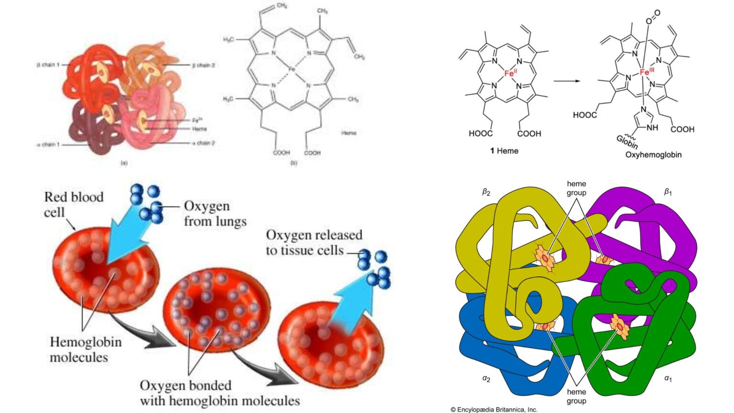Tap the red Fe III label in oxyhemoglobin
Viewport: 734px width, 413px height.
tap(646, 73)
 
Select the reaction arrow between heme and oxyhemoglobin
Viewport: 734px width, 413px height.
tap(567, 81)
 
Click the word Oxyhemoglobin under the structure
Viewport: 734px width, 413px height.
tap(653, 155)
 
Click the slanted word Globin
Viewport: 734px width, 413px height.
tap(626, 142)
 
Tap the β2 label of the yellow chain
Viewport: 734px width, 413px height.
tap(486, 192)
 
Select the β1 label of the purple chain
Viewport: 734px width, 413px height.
tap(668, 192)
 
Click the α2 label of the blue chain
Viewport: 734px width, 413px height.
tap(486, 379)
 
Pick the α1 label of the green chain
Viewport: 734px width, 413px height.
tap(668, 379)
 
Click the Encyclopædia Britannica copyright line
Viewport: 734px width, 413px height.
tap(494, 409)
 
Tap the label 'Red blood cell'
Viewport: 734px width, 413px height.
tap(73, 204)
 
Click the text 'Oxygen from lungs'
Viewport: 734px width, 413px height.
tap(215, 214)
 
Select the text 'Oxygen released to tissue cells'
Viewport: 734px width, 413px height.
tap(314, 242)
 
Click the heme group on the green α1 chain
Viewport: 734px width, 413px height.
tap(620, 326)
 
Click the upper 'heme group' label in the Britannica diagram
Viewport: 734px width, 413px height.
tap(576, 188)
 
